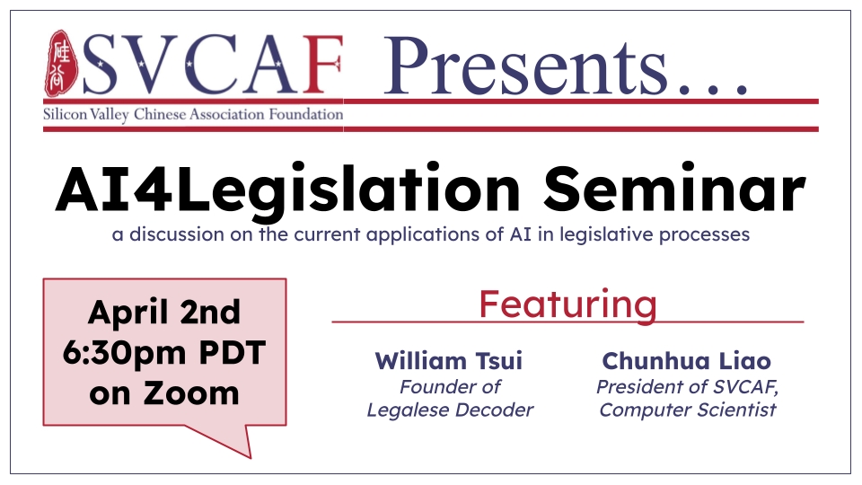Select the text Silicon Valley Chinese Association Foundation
pos(193,115)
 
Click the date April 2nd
pos(164,313)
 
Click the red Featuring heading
pos(567,304)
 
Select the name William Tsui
pos(449,361)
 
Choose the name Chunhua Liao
pos(687,361)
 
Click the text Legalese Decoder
pos(450,410)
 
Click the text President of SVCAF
pos(687,387)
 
